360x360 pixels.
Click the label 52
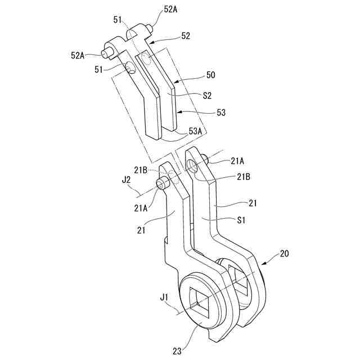[x=185, y=35]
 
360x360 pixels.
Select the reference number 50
[x=210, y=75]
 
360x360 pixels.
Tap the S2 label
[x=207, y=96]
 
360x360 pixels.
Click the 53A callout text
[x=196, y=130]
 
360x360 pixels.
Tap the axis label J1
[x=164, y=295]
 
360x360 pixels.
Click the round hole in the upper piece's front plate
[x=130, y=69]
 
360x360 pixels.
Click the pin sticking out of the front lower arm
[x=163, y=183]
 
